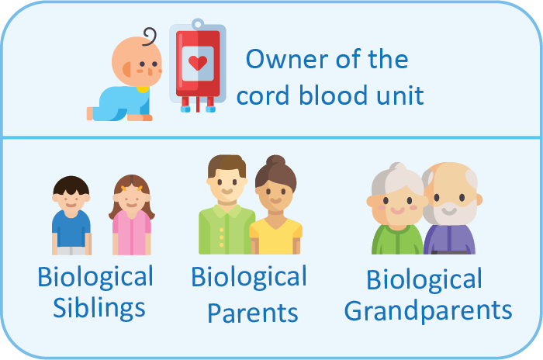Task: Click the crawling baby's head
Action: pos(137,61)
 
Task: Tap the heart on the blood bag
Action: pos(198,63)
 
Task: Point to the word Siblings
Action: pos(99,308)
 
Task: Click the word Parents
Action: pos(253,313)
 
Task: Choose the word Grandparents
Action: pos(428,310)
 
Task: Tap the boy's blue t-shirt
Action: pos(71,229)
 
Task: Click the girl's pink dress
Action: pos(132,233)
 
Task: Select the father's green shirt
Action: pos(225,230)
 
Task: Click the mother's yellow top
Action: pos(275,237)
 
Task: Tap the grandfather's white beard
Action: pos(449,211)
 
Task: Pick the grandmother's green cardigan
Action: pos(397,240)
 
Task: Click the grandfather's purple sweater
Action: pos(449,240)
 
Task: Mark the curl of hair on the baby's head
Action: pos(150,36)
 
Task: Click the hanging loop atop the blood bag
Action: pos(198,24)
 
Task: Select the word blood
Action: pos(333,95)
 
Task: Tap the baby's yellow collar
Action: pos(143,89)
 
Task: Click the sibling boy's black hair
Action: pos(71,185)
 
